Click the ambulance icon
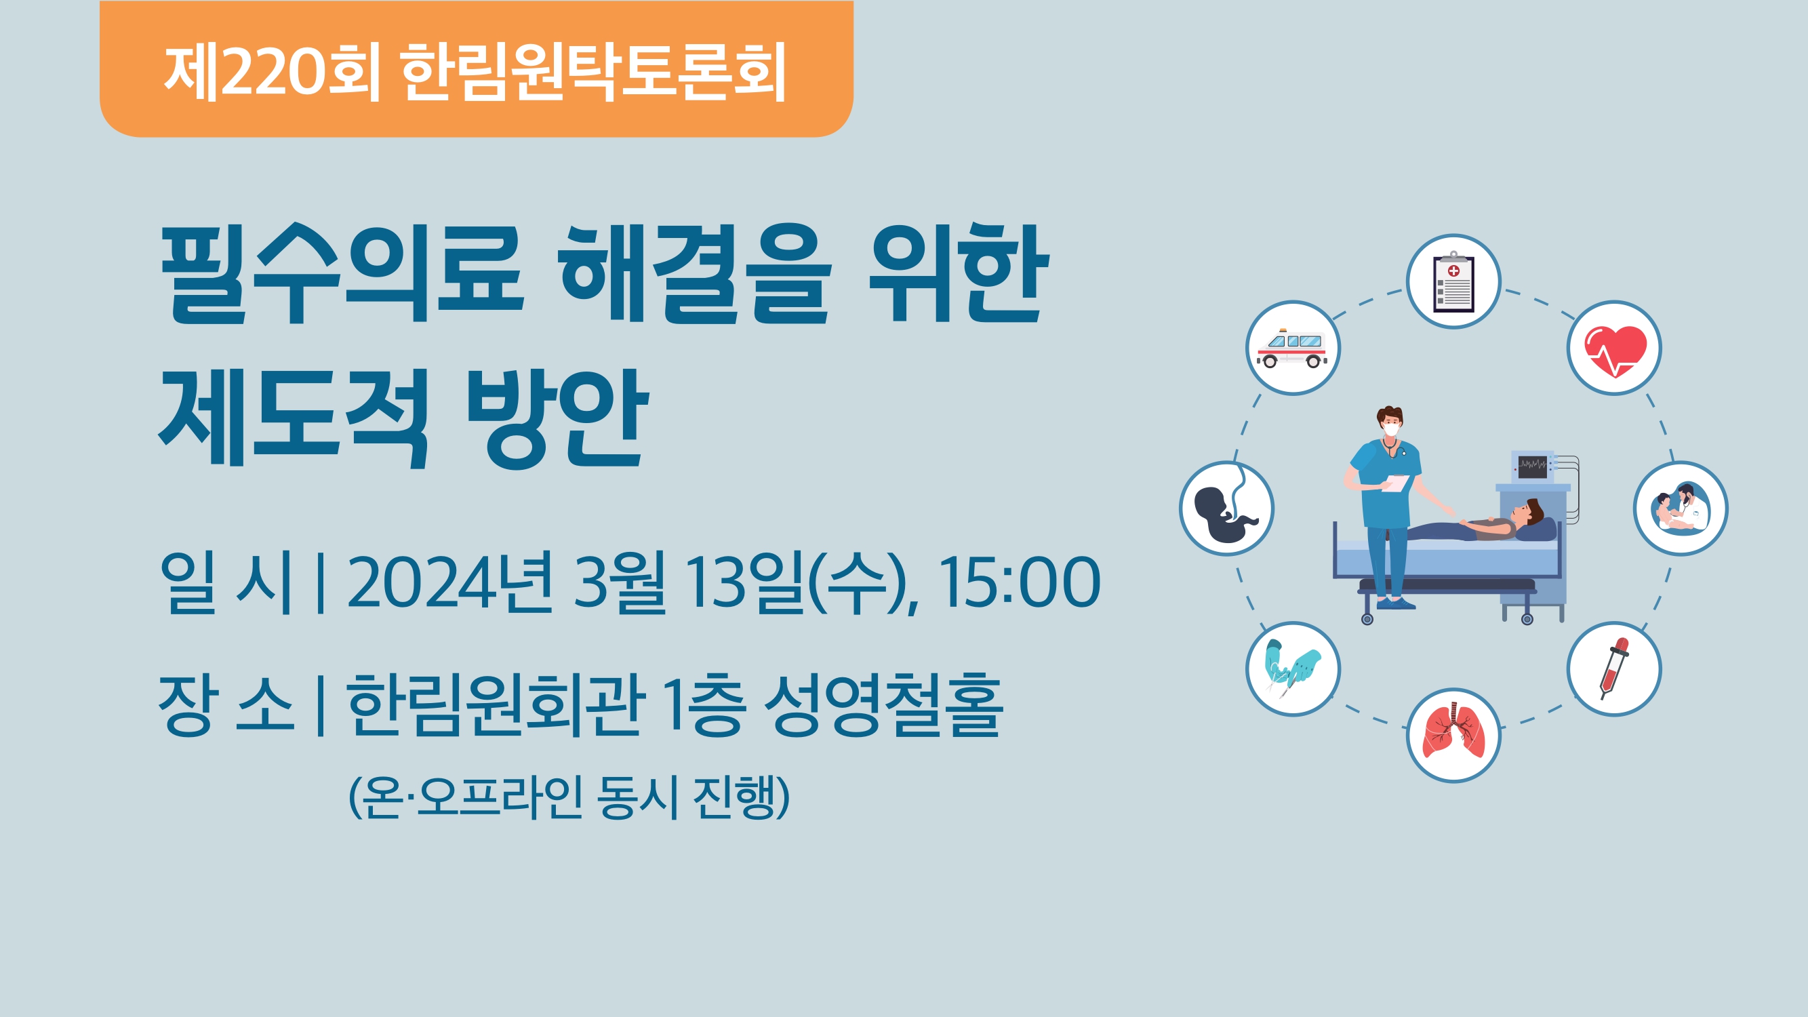click(1293, 348)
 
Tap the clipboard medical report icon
click(1453, 281)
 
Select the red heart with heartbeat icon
click(1614, 348)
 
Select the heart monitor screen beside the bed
click(1532, 466)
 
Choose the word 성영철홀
click(883, 704)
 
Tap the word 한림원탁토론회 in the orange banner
click(594, 71)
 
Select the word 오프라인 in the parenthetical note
click(500, 797)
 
